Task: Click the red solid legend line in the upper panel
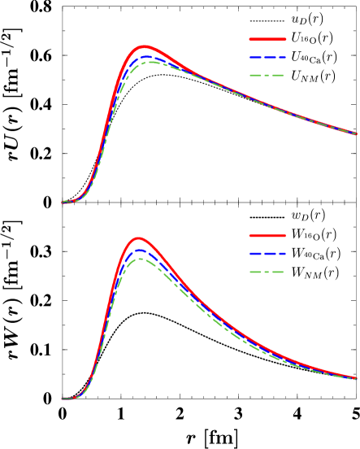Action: point(267,39)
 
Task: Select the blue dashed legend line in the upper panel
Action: point(267,58)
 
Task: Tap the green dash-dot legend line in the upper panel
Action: point(267,75)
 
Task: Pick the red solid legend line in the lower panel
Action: point(267,235)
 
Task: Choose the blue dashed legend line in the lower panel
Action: point(267,253)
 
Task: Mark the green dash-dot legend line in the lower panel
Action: point(267,271)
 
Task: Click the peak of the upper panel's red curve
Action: point(145,47)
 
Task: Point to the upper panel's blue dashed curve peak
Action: point(147,55)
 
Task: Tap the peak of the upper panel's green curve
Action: point(149,62)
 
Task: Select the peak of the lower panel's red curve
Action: point(138,238)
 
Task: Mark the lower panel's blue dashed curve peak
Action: point(139,250)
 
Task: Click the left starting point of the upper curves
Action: point(63,203)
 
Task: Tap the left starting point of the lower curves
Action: point(63,399)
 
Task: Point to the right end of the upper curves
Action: point(356,133)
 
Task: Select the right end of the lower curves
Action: point(356,378)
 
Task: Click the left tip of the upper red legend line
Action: point(249,39)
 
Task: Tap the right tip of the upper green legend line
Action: point(285,75)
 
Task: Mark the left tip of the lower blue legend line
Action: point(249,253)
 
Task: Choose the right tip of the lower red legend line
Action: point(285,235)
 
